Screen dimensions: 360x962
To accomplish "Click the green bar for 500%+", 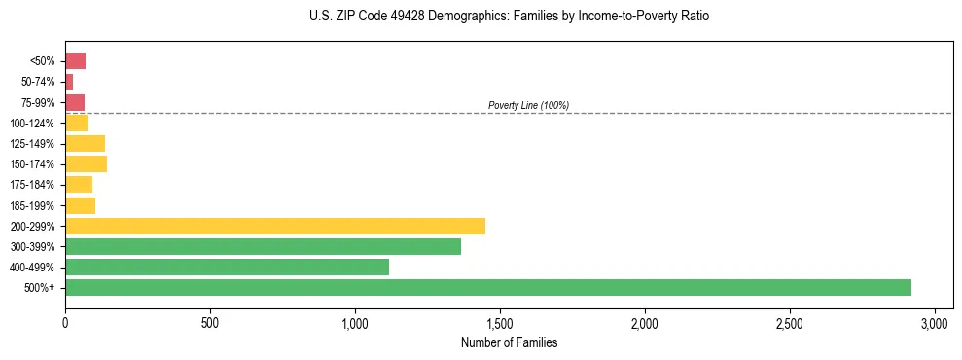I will point(487,287).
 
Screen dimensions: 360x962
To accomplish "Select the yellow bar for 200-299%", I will point(274,226).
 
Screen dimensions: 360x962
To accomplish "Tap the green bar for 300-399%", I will point(263,246).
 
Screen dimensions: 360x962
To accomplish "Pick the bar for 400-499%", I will point(227,267).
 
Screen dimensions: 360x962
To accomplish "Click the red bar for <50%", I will point(75,61).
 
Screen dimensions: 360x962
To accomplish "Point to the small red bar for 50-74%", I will point(69,82).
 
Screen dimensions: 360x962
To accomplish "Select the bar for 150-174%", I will point(86,164).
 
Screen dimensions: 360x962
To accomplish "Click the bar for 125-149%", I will point(85,144).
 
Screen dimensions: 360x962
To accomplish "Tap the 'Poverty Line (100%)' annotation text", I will point(528,105).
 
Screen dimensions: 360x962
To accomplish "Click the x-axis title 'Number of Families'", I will point(509,342).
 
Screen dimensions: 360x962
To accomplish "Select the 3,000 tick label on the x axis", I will point(935,322).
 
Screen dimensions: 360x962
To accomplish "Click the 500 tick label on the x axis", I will point(210,322).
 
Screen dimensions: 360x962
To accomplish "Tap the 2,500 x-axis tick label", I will point(790,322).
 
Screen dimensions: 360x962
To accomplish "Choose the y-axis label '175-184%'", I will point(33,185).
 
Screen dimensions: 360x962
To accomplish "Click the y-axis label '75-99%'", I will point(37,103).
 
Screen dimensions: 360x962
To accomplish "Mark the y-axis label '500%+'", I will point(40,288).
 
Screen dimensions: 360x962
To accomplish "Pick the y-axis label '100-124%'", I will point(33,124).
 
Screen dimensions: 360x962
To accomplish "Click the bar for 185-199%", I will point(80,205).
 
